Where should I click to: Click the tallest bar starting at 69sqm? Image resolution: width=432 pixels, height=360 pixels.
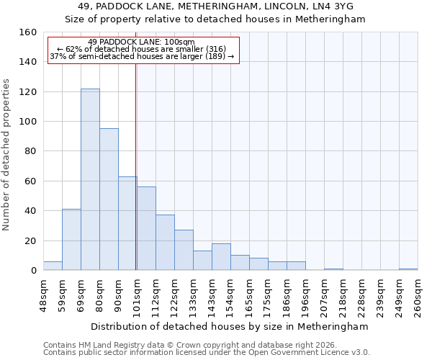(x=90, y=180)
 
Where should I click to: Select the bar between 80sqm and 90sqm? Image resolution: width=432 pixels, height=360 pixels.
(x=109, y=199)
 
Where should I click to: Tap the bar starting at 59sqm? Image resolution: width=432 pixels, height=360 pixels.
(x=71, y=240)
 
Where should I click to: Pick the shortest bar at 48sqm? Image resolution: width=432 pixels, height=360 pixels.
(x=53, y=266)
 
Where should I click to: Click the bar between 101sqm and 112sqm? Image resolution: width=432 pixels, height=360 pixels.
(x=146, y=228)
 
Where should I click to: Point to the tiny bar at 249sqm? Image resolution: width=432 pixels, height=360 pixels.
(x=408, y=269)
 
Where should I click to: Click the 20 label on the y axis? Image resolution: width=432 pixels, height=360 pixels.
(x=30, y=240)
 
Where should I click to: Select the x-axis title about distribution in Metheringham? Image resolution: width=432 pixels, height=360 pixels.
(x=230, y=326)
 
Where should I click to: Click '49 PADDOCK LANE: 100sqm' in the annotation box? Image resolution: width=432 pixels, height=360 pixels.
(x=141, y=42)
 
